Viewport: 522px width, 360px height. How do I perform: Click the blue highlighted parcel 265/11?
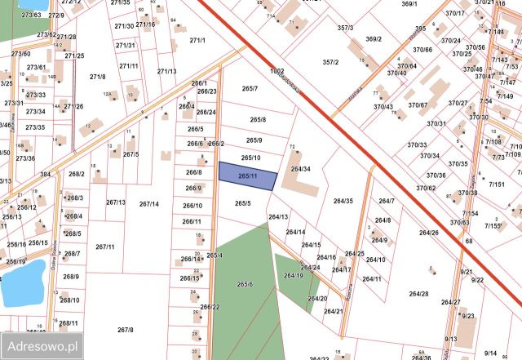tap(248, 176)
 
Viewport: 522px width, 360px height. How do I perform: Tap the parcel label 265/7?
tap(250, 88)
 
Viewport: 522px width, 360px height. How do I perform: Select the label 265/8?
tap(258, 120)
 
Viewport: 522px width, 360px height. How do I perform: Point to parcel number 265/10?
tap(251, 158)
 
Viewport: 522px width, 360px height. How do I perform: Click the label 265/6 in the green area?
tap(245, 284)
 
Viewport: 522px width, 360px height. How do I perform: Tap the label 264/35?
tap(343, 201)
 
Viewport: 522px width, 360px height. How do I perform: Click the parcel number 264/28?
tap(418, 293)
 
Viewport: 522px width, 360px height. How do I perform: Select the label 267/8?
tap(125, 330)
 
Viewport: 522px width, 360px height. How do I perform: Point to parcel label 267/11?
tap(104, 247)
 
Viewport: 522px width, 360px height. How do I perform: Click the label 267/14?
tap(148, 204)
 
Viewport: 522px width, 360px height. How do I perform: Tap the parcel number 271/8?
tap(98, 77)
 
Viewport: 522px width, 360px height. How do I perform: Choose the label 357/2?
tap(330, 62)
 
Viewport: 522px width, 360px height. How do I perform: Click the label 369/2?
tap(374, 38)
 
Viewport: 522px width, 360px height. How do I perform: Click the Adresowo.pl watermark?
tap(40, 346)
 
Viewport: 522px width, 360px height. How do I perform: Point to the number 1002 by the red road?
tap(277, 72)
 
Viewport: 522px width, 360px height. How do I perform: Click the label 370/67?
tap(418, 104)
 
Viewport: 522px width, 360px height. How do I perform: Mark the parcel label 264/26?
tap(429, 233)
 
